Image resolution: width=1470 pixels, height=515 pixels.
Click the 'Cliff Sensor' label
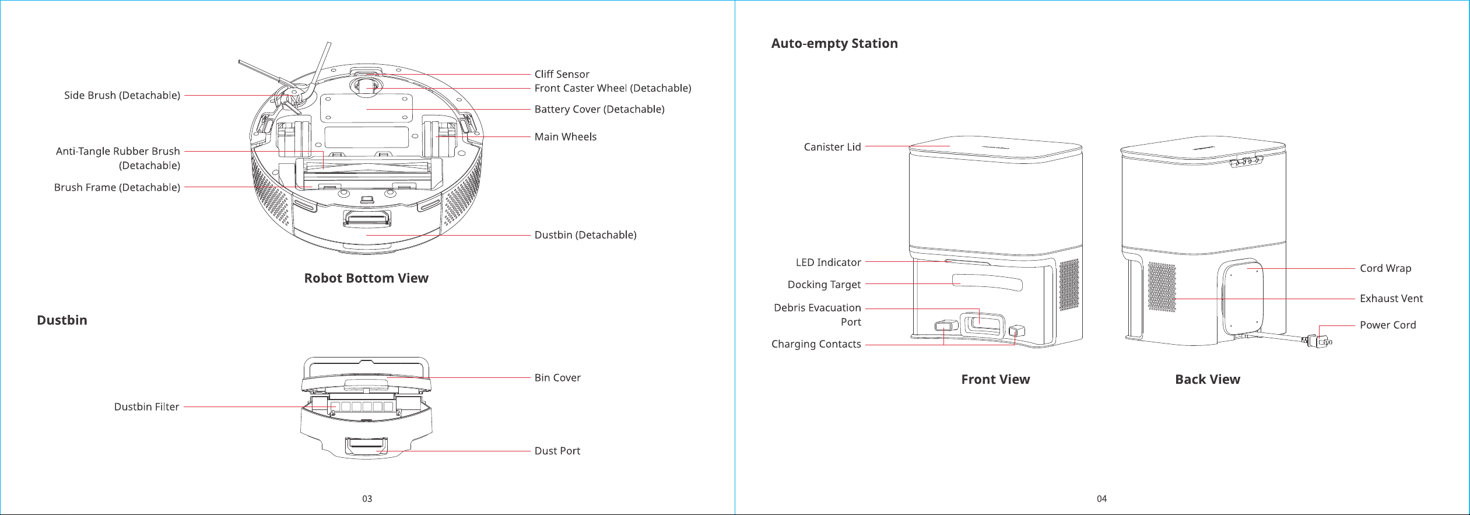[562, 74]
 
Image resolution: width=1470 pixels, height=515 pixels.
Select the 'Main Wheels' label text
[566, 136]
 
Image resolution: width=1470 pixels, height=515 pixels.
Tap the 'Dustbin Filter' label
[146, 407]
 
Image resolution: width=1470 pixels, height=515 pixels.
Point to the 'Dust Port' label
[557, 451]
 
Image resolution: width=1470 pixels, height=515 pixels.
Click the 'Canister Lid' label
[832, 147]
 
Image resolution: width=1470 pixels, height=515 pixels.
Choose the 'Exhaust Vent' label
[1391, 299]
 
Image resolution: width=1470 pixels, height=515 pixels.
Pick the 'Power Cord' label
[1388, 325]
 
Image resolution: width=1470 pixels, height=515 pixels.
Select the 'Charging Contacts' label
[816, 344]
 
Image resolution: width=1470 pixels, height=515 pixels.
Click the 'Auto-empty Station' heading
[834, 43]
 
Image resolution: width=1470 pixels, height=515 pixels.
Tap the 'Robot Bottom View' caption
[366, 278]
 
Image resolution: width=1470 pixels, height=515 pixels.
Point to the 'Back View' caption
[1208, 380]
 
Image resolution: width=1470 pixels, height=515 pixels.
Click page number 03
[367, 499]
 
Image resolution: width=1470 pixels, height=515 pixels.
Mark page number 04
[1101, 499]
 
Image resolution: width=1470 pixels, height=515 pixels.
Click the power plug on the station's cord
[1320, 340]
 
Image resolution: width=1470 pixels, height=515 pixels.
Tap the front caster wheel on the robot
[365, 86]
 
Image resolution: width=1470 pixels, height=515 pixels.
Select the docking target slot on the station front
[987, 282]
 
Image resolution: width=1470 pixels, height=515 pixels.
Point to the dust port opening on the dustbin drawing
[366, 446]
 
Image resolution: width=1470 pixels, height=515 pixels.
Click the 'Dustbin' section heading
[62, 320]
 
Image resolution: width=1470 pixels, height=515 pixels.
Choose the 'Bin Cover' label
[557, 377]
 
